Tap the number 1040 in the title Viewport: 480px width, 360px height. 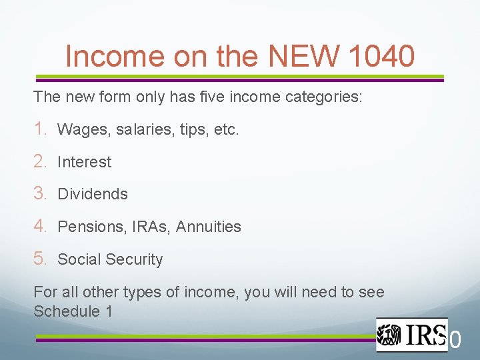(381, 56)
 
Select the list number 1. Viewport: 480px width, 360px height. (39, 129)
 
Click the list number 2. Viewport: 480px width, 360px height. (39, 161)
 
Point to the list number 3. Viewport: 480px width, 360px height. (39, 193)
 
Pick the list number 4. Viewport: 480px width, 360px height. (39, 226)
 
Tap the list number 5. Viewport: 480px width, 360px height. (39, 259)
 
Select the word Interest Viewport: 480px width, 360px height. (85, 162)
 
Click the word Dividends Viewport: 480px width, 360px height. (93, 194)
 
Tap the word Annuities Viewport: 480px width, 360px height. (209, 227)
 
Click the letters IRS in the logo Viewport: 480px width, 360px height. (421, 334)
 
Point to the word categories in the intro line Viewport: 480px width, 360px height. (323, 97)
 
